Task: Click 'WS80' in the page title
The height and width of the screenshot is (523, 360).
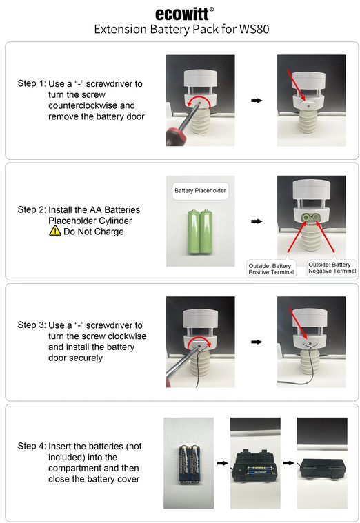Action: pos(254,30)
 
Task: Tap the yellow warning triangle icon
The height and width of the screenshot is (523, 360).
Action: pos(55,230)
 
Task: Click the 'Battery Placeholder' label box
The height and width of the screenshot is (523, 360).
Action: pos(201,191)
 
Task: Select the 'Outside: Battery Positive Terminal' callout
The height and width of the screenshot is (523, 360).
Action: pos(271,269)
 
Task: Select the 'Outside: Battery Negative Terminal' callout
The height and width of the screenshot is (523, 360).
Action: pos(332,268)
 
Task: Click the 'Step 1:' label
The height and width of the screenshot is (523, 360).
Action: pos(32,83)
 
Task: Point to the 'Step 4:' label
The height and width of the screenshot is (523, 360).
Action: pos(32,446)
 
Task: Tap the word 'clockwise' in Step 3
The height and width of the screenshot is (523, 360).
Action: pos(125,336)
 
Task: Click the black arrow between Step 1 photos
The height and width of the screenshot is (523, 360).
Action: pos(257,101)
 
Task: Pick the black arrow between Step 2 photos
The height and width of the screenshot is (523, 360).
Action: pos(257,221)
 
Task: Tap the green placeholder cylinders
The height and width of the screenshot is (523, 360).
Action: pos(200,232)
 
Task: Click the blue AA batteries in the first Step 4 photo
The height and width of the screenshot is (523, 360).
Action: pos(189,464)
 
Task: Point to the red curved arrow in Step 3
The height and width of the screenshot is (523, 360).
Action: pos(199,343)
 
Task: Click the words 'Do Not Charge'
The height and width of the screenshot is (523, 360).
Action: pos(94,232)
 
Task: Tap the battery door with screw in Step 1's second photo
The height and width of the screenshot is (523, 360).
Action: pos(308,106)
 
